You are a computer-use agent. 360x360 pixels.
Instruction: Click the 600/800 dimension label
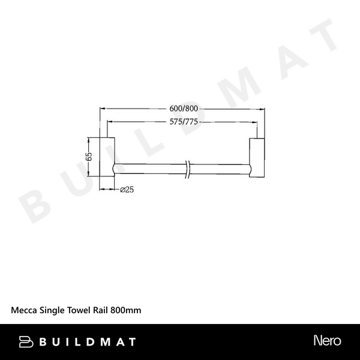click(x=184, y=109)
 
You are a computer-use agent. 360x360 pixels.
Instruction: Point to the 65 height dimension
click(x=88, y=157)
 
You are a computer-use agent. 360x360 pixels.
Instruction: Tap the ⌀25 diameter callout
click(x=126, y=190)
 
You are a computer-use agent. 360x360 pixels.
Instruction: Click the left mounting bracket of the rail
click(x=106, y=157)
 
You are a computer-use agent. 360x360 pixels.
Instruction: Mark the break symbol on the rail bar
click(x=188, y=169)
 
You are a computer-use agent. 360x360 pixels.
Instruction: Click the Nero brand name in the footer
click(x=327, y=341)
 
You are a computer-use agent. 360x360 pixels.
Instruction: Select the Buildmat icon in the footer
click(x=26, y=341)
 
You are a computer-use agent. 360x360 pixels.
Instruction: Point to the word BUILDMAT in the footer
click(x=88, y=341)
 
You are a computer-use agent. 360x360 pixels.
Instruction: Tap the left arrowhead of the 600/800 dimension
click(x=101, y=109)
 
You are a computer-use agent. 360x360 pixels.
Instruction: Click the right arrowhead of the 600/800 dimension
click(x=262, y=109)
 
